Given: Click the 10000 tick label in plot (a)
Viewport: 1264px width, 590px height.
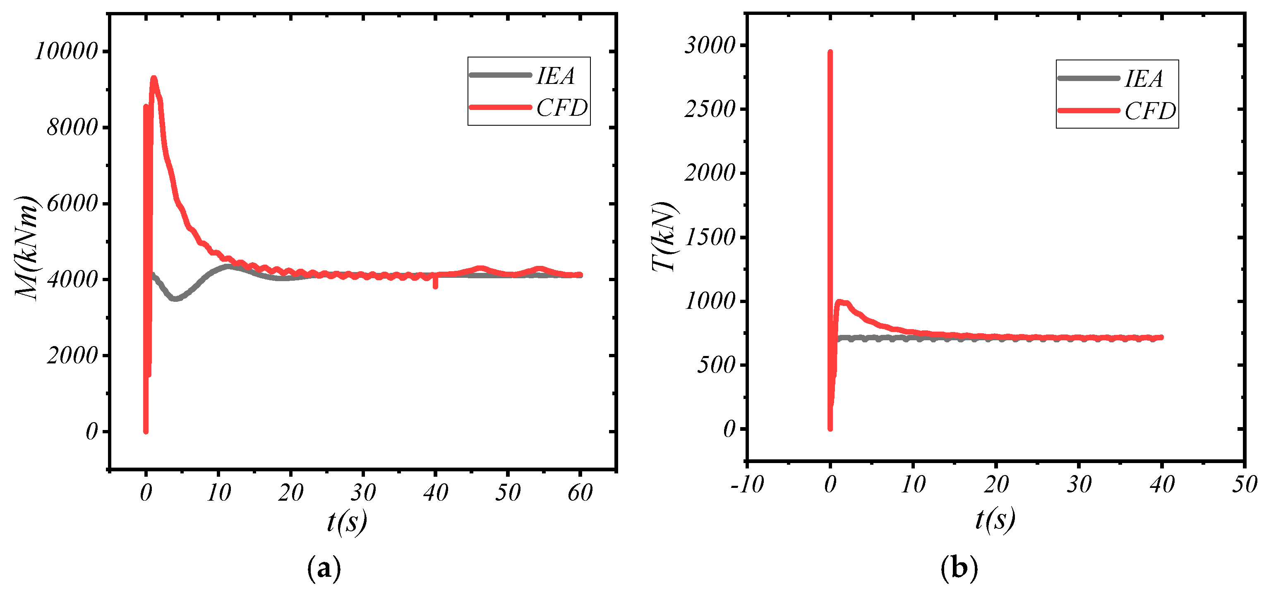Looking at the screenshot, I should [x=67, y=51].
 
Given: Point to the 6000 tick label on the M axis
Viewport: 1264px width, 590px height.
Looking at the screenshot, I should [x=73, y=203].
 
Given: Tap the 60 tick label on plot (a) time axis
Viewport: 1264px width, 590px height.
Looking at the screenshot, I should [x=580, y=492].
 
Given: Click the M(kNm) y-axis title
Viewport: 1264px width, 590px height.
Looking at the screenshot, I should [x=26, y=247].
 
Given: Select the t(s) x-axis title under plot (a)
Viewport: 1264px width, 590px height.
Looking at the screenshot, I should [x=346, y=521].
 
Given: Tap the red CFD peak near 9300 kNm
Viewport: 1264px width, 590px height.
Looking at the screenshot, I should [x=154, y=79].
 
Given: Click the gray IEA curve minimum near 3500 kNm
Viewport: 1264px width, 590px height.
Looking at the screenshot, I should [x=175, y=298].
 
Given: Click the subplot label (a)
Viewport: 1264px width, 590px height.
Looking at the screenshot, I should [x=324, y=568].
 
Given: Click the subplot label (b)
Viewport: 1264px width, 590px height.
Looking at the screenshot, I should [x=959, y=568].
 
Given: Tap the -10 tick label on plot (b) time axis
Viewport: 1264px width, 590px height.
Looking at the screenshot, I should [x=747, y=485].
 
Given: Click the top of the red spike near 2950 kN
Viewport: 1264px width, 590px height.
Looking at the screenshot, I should [x=830, y=52].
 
